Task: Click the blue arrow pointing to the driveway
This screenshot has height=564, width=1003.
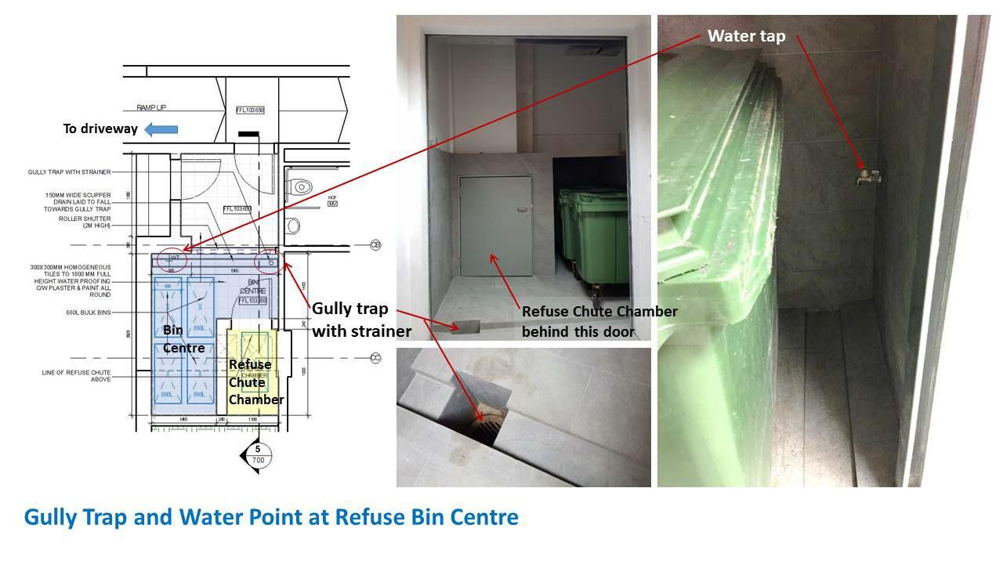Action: coord(161,129)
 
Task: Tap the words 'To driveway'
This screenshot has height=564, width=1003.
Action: coord(100,128)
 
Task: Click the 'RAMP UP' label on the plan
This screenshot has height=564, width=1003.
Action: coord(151,107)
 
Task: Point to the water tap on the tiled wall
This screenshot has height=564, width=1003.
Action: coord(867,175)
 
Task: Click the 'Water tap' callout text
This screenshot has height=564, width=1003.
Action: coord(746,36)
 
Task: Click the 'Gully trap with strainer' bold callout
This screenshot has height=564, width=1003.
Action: coord(361,320)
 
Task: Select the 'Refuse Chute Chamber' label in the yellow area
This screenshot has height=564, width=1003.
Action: coord(255,382)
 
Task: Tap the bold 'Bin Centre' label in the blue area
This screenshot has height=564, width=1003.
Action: coord(183,339)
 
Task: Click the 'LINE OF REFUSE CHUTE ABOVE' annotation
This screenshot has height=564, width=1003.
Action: coord(76,375)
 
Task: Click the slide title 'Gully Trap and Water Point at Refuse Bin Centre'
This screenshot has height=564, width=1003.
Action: coord(271,518)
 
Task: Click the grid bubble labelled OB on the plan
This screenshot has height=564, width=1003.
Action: coord(375,244)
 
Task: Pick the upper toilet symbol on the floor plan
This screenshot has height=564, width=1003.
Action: coord(300,187)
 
